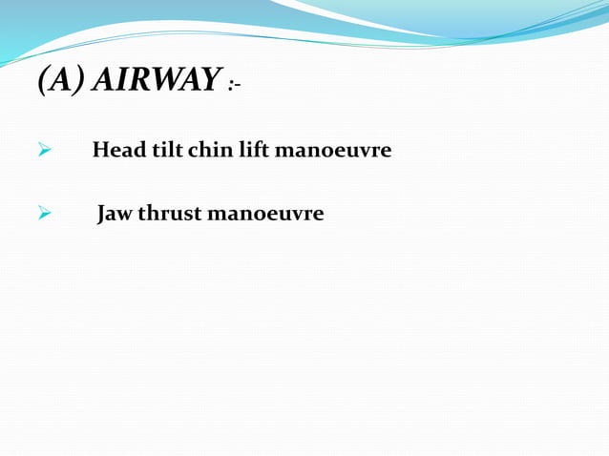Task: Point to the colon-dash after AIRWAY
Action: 235,86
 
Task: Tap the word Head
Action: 114,151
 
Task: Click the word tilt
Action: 157,151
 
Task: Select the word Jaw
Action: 115,213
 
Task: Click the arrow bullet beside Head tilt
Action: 42,152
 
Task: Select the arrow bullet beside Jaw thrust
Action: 42,214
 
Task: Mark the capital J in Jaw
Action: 103,214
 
